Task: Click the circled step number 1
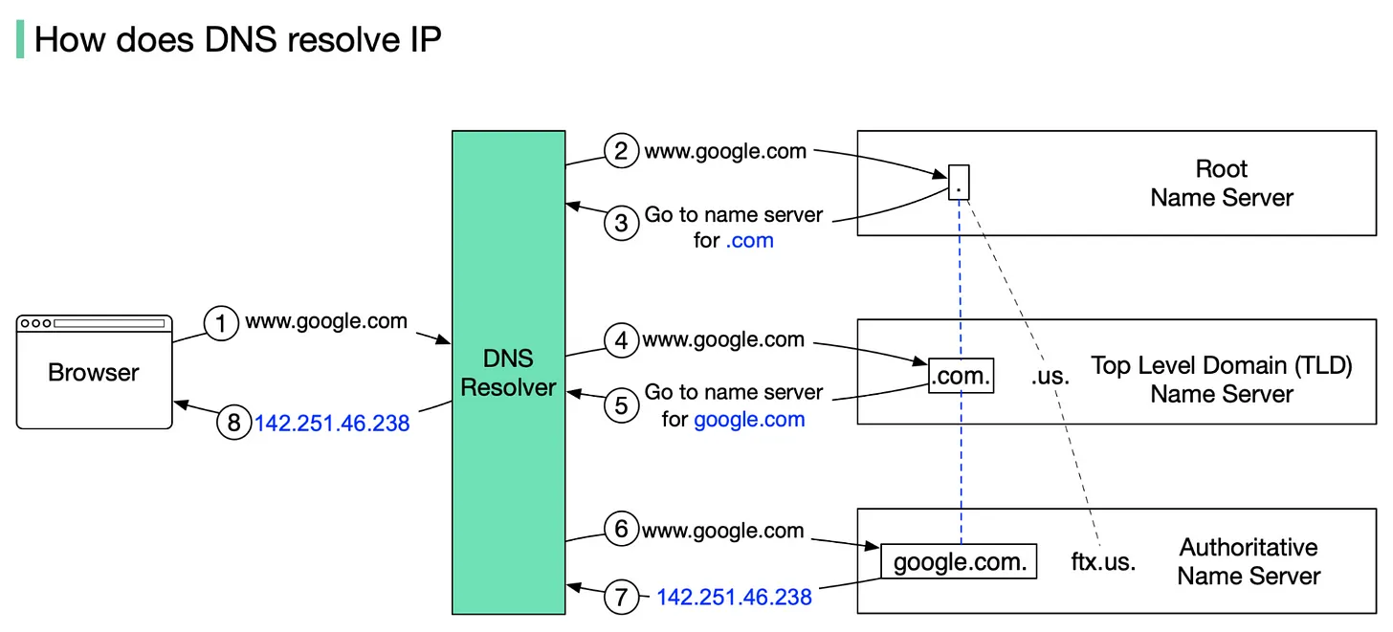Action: [x=221, y=325]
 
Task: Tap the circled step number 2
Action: [x=621, y=151]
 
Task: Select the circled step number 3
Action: [x=621, y=224]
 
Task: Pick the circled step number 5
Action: [x=621, y=405]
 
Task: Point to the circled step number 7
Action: [x=621, y=598]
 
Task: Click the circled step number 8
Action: [x=233, y=423]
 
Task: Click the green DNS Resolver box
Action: [x=508, y=372]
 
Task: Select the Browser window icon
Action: [x=95, y=371]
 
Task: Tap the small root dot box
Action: [x=959, y=182]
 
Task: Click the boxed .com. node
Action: [x=962, y=376]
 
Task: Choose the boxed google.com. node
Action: [x=959, y=561]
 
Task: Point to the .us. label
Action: [x=1050, y=377]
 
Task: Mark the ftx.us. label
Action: [x=1103, y=562]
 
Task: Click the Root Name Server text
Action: [x=1222, y=184]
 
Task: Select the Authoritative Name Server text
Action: [x=1249, y=562]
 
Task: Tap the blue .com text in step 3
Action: [x=749, y=241]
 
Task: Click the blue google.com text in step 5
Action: [x=749, y=419]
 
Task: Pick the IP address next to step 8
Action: [x=332, y=423]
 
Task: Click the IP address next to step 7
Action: [x=734, y=598]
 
